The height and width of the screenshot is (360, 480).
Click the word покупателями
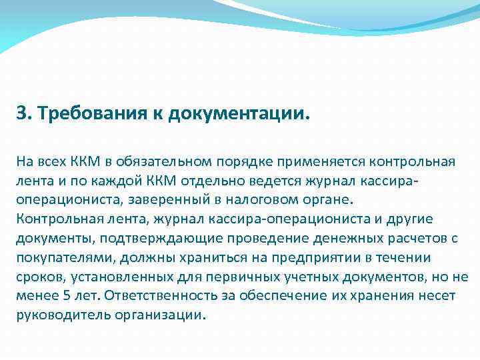(59, 258)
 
